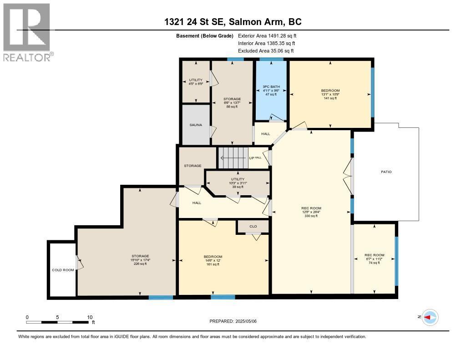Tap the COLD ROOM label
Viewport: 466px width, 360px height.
(63, 270)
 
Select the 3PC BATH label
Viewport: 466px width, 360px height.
(271, 86)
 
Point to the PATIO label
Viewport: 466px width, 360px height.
(386, 172)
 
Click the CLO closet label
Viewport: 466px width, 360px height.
(253, 226)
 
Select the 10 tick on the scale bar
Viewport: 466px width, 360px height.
(90, 317)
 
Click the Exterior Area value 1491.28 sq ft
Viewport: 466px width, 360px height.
(279, 35)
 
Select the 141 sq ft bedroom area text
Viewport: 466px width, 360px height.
(330, 98)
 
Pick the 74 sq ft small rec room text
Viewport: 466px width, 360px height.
(374, 263)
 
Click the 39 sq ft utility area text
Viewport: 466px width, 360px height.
(238, 187)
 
